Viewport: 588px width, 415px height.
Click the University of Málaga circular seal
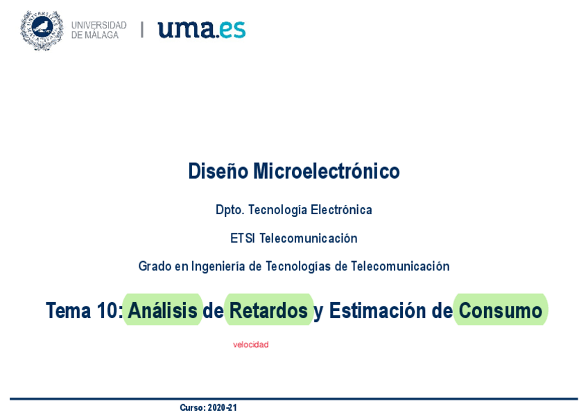click(42, 30)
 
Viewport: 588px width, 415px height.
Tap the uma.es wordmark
click(202, 30)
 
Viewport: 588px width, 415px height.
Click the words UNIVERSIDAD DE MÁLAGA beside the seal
click(99, 30)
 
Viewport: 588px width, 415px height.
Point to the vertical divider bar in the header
click(142, 30)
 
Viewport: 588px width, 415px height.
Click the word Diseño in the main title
click(218, 171)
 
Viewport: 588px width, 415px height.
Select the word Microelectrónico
click(327, 171)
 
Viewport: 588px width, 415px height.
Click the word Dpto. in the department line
click(230, 210)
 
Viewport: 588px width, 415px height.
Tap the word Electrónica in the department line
click(341, 209)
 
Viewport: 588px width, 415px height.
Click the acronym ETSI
click(242, 238)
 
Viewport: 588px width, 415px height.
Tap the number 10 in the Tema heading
click(107, 310)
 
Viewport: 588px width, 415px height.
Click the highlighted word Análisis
click(163, 310)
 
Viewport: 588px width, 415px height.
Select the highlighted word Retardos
click(268, 310)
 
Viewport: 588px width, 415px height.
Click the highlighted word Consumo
click(500, 310)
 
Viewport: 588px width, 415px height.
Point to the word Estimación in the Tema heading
click(378, 310)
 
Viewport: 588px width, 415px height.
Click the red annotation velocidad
click(250, 344)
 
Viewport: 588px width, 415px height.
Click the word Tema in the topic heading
click(68, 310)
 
